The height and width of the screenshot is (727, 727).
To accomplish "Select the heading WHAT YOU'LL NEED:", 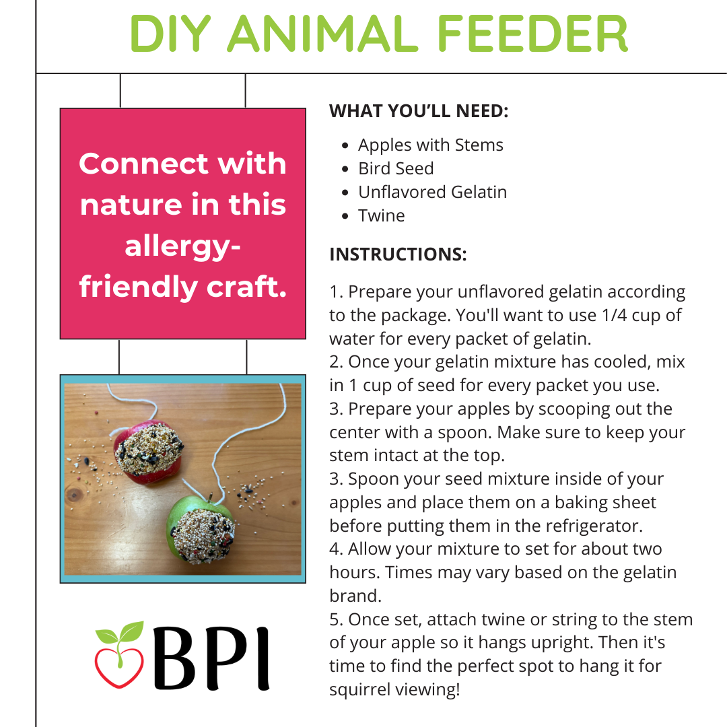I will [419, 111].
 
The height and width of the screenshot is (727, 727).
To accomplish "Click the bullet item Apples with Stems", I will [430, 145].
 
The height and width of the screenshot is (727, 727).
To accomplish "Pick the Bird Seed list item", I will [396, 168].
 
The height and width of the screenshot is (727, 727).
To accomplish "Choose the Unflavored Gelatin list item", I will [432, 192].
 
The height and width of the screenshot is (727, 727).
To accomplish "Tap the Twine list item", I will [381, 215].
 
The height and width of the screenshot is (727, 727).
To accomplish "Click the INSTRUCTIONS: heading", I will [398, 254].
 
